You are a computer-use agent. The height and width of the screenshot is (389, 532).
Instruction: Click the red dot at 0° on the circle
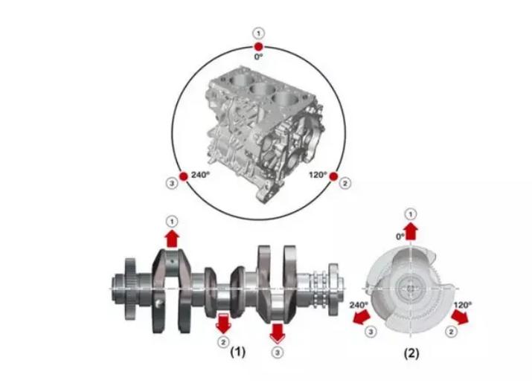[258, 46]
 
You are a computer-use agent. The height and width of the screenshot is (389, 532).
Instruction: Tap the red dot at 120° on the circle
[333, 176]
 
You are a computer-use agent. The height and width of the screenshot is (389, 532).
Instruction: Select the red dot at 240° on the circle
[184, 176]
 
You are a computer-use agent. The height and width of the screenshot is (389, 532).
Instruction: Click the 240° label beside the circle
[200, 175]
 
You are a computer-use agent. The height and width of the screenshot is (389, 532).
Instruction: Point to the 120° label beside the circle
[318, 175]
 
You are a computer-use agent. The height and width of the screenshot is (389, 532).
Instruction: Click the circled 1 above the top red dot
[258, 33]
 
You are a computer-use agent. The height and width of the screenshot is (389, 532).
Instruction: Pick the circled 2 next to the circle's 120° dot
[345, 184]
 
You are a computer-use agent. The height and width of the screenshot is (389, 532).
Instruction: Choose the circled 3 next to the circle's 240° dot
[172, 184]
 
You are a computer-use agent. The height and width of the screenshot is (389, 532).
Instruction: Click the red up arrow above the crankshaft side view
[173, 239]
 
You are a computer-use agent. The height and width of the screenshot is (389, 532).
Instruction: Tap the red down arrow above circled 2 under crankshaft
[223, 324]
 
